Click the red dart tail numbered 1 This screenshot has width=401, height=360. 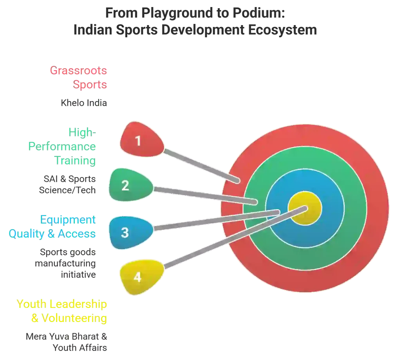[141, 140]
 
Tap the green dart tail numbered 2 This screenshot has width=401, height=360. [131, 185]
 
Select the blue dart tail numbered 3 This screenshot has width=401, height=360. [131, 232]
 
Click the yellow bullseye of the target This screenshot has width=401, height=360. [305, 208]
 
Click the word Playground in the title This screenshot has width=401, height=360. [177, 13]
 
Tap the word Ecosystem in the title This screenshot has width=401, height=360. [283, 30]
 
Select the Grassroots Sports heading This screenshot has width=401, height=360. [78, 77]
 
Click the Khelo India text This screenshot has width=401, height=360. [84, 103]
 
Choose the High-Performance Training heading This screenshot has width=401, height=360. [62, 147]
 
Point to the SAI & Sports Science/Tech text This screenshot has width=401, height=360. [67, 185]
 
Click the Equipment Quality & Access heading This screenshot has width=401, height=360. [52, 227]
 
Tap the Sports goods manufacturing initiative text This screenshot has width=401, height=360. [65, 263]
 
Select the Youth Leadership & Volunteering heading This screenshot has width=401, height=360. [61, 311]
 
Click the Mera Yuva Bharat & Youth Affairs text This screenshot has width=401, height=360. [66, 342]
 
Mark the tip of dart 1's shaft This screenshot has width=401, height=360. [238, 181]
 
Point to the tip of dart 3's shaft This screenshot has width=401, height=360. [278, 212]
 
